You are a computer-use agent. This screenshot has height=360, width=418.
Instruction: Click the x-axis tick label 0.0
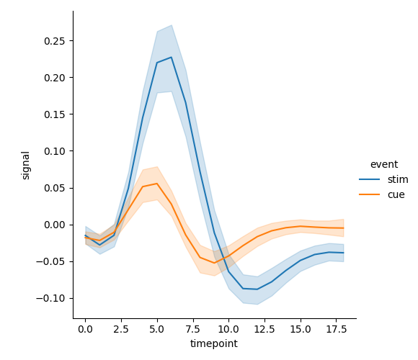pyautogui.click(x=85, y=328)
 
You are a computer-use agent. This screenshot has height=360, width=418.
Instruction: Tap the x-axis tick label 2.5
pyautogui.click(x=121, y=328)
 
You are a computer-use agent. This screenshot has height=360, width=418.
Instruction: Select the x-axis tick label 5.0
pyautogui.click(x=157, y=328)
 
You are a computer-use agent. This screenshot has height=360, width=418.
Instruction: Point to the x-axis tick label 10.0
pyautogui.click(x=228, y=328)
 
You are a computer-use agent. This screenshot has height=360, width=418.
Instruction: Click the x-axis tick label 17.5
pyautogui.click(x=336, y=328)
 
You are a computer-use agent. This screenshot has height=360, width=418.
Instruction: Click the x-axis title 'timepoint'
pyautogui.click(x=214, y=343)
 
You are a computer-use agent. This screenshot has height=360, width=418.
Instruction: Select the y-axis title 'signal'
pyautogui.click(x=26, y=165)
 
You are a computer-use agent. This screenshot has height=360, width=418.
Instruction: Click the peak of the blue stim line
pyautogui.click(x=171, y=58)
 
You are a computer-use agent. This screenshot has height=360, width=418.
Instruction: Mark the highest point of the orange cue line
pyautogui.click(x=157, y=184)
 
